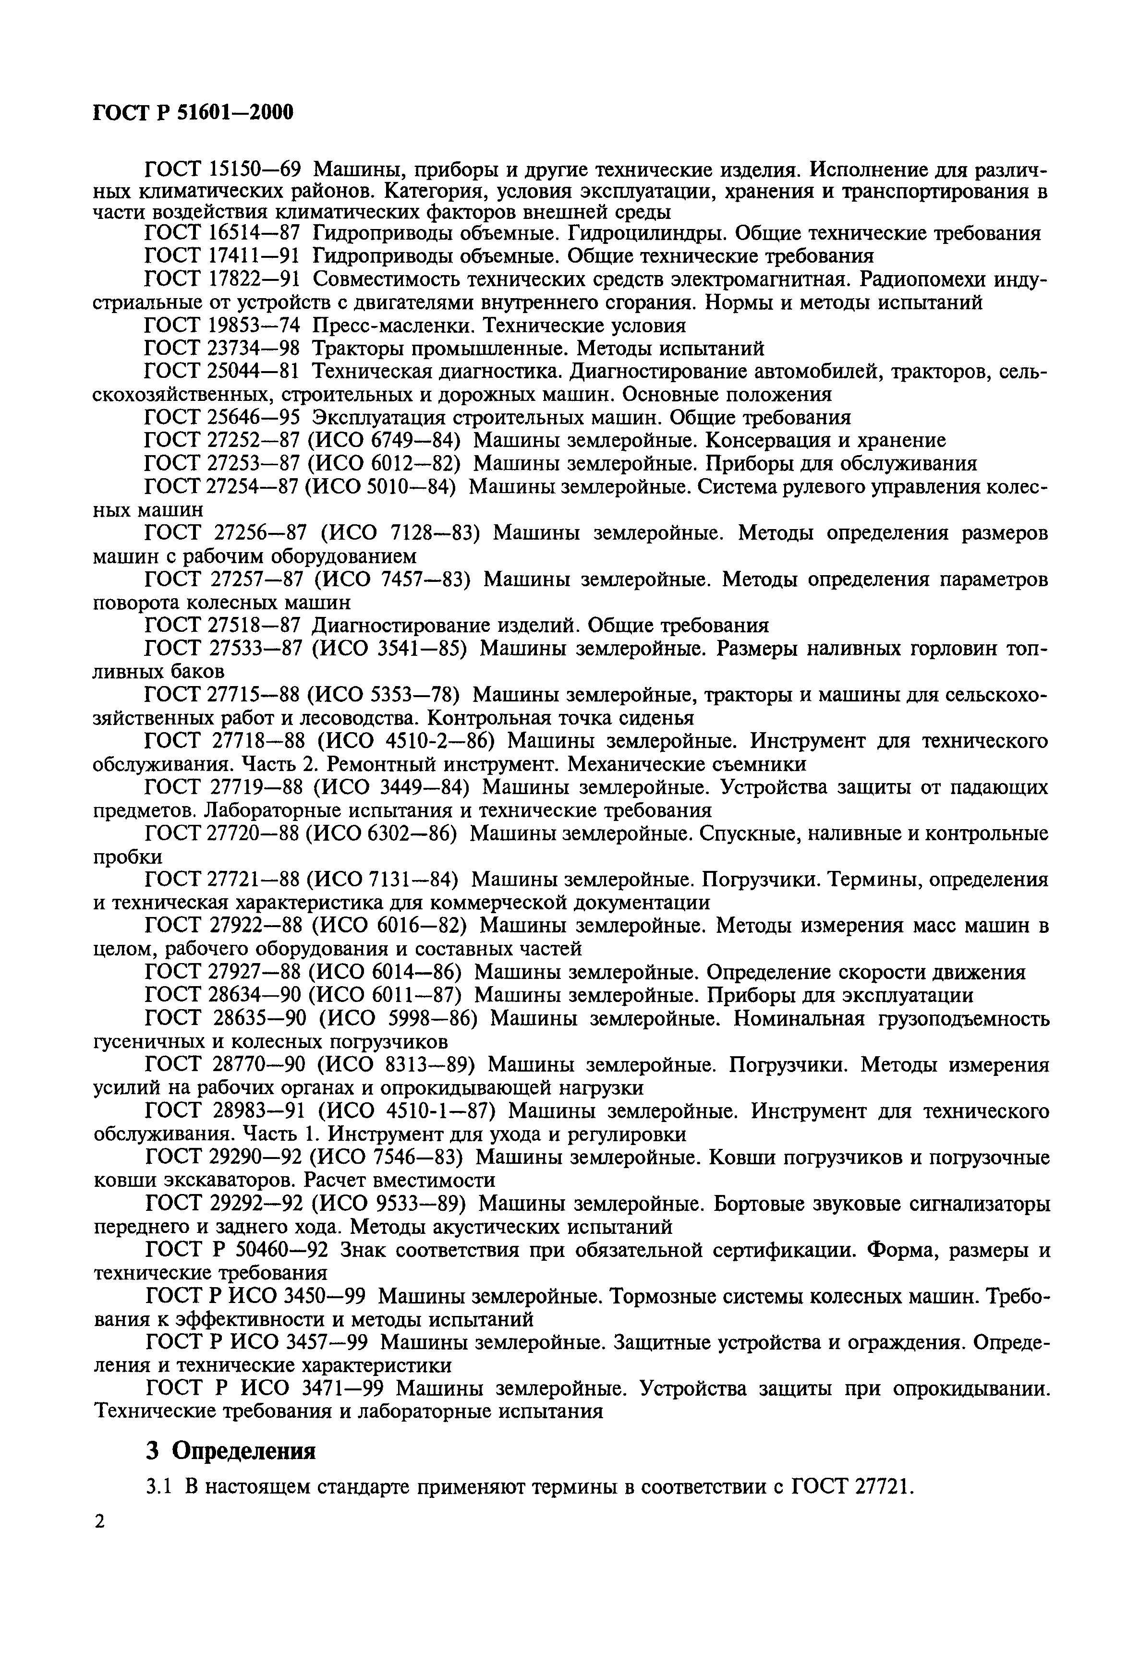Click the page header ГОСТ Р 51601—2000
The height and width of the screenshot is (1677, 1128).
click(x=194, y=113)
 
